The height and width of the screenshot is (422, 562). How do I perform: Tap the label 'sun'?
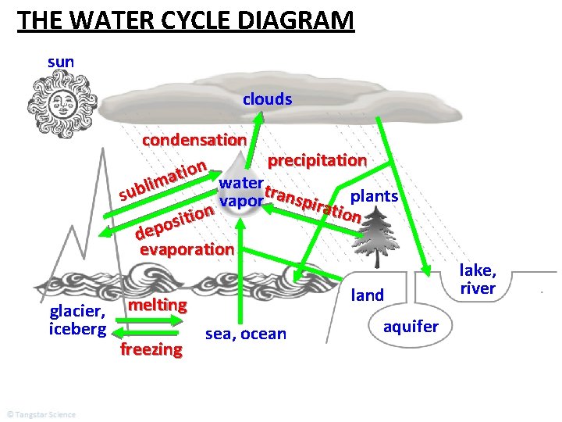61,60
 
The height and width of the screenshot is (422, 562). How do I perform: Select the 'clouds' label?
267,99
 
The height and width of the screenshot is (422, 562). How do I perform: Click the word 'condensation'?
194,141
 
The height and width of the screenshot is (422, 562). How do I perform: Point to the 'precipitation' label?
317,160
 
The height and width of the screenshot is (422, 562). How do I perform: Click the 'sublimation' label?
162,178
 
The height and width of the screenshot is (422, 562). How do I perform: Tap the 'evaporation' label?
186,249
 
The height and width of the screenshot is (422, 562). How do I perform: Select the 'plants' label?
375,195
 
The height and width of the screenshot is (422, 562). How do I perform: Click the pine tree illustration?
382,232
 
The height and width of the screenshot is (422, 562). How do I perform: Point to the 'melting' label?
158,304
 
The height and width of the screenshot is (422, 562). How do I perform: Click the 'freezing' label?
151,349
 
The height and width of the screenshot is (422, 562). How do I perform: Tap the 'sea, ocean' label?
246,334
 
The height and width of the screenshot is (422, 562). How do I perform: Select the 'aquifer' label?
411,326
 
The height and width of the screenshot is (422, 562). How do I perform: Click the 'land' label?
368,295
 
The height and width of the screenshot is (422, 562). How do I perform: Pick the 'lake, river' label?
477,279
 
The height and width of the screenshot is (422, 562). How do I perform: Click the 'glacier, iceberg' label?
77,320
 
